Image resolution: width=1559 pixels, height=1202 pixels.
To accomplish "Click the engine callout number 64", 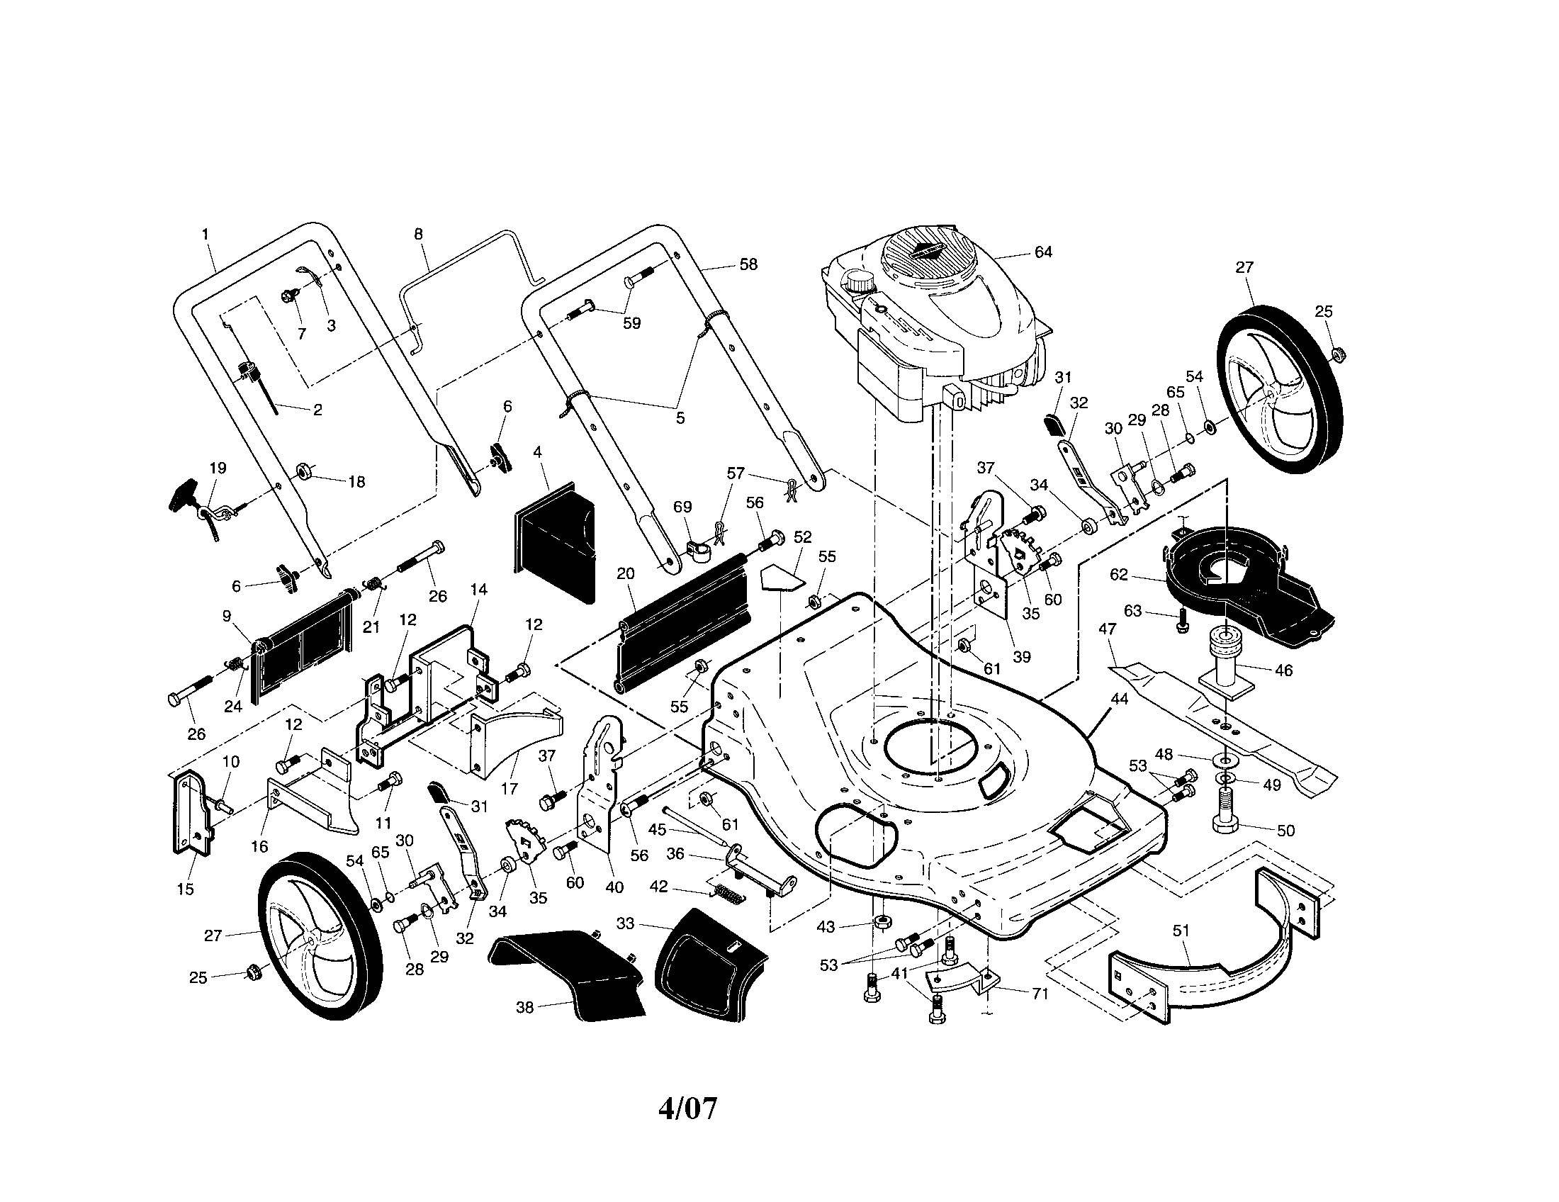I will pyautogui.click(x=1043, y=253).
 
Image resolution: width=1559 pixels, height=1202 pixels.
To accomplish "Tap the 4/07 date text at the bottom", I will pyautogui.click(x=687, y=1109).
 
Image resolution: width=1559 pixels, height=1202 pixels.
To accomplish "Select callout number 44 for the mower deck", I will pyautogui.click(x=1119, y=700).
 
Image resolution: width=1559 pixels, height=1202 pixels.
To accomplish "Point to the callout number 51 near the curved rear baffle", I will pyautogui.click(x=1181, y=931).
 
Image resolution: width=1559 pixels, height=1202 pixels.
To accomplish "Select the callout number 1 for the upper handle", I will pyautogui.click(x=206, y=234).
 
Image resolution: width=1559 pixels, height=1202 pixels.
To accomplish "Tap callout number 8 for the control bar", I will pyautogui.click(x=418, y=234).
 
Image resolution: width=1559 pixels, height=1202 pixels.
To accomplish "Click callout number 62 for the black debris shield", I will pyautogui.click(x=1118, y=575).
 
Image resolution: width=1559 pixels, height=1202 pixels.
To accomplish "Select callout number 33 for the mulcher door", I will pyautogui.click(x=625, y=923).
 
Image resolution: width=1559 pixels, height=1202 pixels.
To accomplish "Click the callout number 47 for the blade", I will pyautogui.click(x=1107, y=629).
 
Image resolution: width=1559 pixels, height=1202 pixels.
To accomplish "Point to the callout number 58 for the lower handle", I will pyautogui.click(x=748, y=265).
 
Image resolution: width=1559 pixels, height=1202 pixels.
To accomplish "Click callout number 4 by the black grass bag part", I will pyautogui.click(x=538, y=452).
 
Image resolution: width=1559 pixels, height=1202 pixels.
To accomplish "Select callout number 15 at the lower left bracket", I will pyautogui.click(x=186, y=889).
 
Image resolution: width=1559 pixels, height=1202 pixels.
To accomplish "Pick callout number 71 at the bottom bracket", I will pyautogui.click(x=1040, y=993).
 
